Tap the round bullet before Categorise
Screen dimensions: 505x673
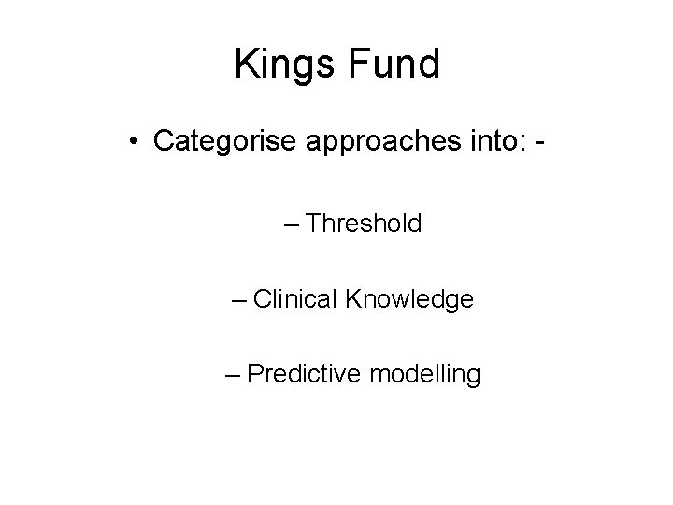136,141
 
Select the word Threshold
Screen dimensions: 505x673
364,224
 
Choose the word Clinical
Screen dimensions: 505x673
295,299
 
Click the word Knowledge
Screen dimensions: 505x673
410,300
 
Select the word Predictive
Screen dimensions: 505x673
306,375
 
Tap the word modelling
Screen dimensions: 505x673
425,376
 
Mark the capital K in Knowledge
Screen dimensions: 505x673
353,299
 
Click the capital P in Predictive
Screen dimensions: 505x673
257,375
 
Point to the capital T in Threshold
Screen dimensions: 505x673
313,224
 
